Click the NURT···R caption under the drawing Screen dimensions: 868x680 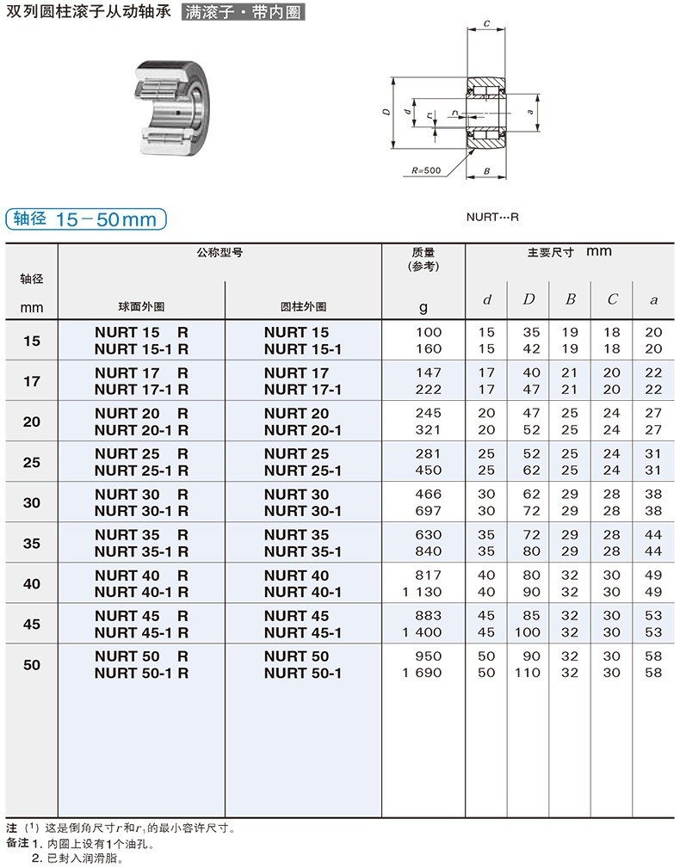[x=492, y=218]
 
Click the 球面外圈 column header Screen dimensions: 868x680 [x=141, y=306]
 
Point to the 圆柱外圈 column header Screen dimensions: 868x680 [x=303, y=306]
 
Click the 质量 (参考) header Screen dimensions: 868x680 [x=423, y=259]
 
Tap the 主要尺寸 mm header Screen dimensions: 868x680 [x=569, y=252]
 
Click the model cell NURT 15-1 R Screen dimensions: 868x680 [x=141, y=348]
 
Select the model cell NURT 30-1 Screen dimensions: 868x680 [x=303, y=510]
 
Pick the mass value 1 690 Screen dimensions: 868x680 [x=422, y=673]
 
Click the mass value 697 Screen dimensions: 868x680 [x=428, y=510]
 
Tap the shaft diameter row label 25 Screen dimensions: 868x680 [x=32, y=462]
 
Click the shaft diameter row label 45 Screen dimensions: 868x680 [x=32, y=624]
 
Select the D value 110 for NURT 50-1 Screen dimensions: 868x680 [x=529, y=673]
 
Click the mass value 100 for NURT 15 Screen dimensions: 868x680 [x=428, y=332]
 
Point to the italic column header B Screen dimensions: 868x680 [x=570, y=299]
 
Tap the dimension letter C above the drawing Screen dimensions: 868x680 [x=486, y=24]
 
